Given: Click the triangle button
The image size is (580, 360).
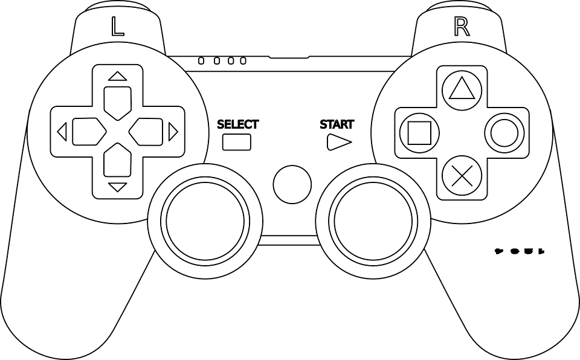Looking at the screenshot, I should (x=462, y=89).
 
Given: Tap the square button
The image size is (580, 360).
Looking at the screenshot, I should (x=419, y=132).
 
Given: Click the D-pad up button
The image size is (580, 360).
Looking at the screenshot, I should (x=117, y=101).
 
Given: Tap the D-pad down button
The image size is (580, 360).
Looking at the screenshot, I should (x=117, y=162).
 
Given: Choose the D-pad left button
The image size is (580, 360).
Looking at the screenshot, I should (x=88, y=132).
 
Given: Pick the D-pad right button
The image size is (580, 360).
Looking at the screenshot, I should (x=147, y=132).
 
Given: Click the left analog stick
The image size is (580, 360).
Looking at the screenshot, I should (x=206, y=219).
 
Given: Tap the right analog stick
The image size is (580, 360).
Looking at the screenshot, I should (x=375, y=219).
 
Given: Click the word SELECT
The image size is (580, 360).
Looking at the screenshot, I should (x=237, y=125).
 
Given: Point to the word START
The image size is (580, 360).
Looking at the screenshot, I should (x=337, y=125).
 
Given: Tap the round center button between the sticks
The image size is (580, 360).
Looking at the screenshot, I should (x=292, y=185).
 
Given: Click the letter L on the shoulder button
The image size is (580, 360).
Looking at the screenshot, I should (x=118, y=28).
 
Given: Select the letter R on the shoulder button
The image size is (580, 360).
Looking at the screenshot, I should (x=461, y=28).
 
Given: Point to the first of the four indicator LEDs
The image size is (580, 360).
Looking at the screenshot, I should (x=201, y=61).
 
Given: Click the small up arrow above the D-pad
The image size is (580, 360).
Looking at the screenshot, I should (x=117, y=77).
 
